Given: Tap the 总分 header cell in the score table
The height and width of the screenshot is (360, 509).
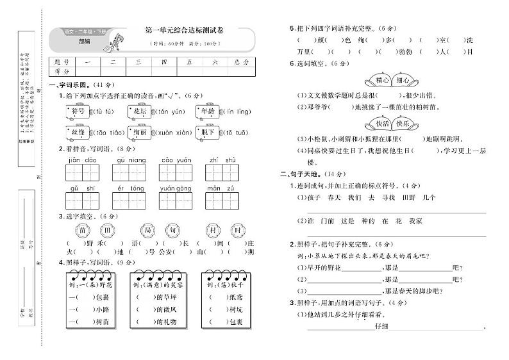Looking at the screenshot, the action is (x=240, y=62).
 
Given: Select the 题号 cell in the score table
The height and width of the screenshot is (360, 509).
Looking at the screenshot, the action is (x=62, y=62).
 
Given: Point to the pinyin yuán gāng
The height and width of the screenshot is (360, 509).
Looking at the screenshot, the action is (x=176, y=189).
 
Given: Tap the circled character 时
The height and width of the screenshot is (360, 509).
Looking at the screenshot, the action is (x=237, y=231).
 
